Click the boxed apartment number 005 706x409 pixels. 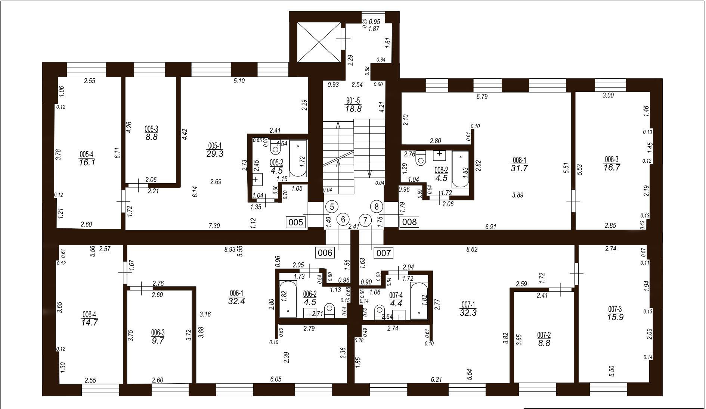(x=296, y=222)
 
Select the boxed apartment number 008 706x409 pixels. (x=409, y=222)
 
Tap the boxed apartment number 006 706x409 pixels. (x=325, y=253)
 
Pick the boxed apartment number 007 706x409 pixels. (x=383, y=253)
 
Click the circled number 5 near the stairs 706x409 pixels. (x=332, y=206)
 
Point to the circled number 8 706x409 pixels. (x=377, y=206)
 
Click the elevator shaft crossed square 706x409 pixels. (x=318, y=42)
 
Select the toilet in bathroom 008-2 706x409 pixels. (x=421, y=157)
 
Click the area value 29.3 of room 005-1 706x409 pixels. (x=215, y=154)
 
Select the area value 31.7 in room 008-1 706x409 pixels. (x=519, y=168)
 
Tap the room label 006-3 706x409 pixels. (x=158, y=332)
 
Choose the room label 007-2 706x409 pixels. (x=544, y=335)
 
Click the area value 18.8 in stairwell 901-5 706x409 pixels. (x=353, y=109)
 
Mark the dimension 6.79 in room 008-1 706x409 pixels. (x=482, y=97)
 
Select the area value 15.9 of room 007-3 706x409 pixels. (x=615, y=317)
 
